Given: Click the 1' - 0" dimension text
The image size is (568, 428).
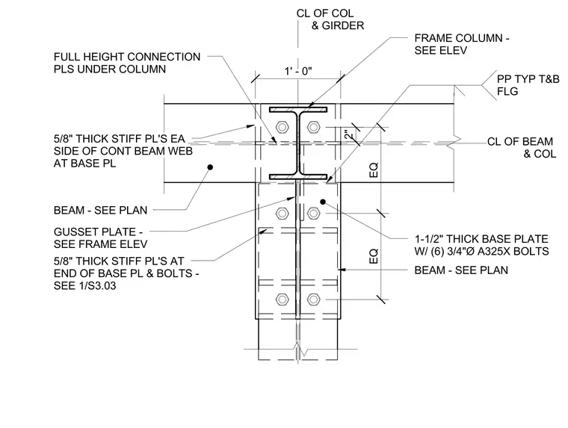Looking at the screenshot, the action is point(298,72).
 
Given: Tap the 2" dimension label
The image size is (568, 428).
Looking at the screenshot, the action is point(349,135).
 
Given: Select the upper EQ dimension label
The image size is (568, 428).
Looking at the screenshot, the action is point(374,170).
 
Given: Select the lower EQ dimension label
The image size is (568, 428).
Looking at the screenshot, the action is point(374,256).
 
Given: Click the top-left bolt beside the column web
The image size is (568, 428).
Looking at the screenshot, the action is point(282,127).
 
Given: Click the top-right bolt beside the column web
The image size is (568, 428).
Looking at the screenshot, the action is point(313,127).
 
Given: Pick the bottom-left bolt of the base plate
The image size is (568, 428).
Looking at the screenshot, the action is point(282,300).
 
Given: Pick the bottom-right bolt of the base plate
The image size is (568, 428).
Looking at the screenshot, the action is point(313,300).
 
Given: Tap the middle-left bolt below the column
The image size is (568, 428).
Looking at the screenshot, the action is point(282,214).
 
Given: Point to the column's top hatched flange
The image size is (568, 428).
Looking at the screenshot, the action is point(298,109).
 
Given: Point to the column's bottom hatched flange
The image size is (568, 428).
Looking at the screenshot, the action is point(298,177).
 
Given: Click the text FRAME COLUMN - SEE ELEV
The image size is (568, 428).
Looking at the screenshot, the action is point(462,44).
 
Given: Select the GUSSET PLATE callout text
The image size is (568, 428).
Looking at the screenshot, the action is point(100,238).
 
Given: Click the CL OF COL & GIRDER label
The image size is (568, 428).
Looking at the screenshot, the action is point(330,19).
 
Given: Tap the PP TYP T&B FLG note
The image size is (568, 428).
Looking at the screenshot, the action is point(528,85).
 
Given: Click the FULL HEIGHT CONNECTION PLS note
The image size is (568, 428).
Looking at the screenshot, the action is point(127,63).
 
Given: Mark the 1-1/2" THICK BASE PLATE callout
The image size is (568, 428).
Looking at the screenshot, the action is point(481,245).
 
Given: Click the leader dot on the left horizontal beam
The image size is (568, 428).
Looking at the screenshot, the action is point(210,167).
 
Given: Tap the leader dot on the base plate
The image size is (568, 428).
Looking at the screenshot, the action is point(323,202).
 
